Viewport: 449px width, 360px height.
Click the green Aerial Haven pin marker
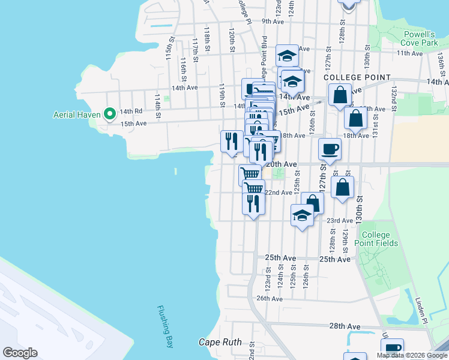[x=109, y=113]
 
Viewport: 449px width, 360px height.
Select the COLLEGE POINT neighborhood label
[x=357, y=78]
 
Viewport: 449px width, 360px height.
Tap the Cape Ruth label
[x=220, y=343]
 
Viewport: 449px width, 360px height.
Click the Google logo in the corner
[x=20, y=353]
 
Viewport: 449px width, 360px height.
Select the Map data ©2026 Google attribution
[x=412, y=355]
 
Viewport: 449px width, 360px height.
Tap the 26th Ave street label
[x=269, y=298]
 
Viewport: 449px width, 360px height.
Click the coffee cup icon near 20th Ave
[x=330, y=149]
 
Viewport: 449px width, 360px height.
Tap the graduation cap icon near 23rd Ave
[x=302, y=215]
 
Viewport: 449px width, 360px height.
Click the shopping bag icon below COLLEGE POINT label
[x=340, y=94]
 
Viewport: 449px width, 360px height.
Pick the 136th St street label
[x=441, y=62]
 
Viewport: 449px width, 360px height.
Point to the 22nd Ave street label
[x=279, y=193]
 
